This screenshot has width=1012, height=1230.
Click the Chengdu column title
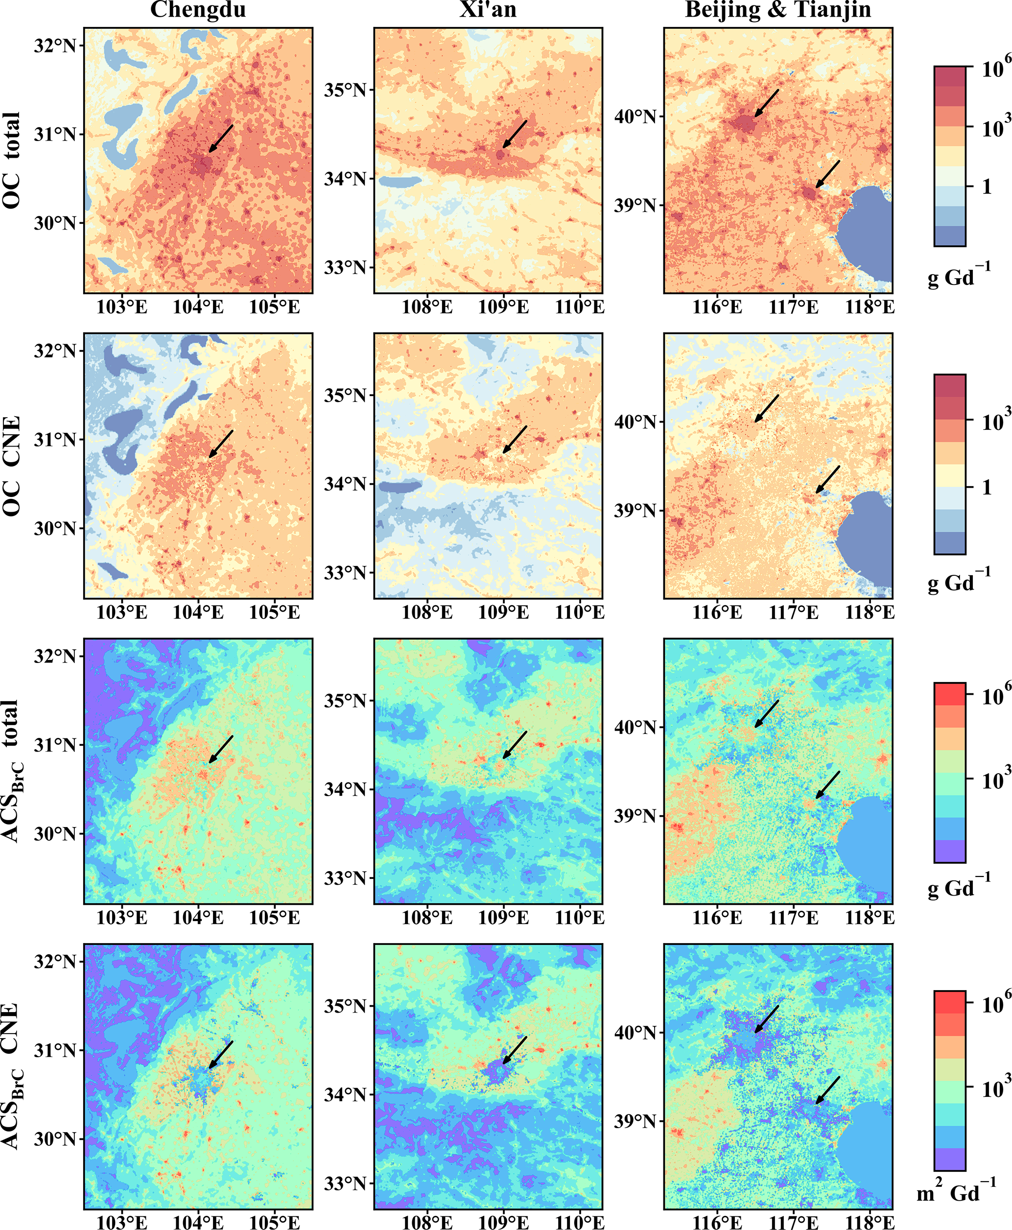pyautogui.click(x=198, y=10)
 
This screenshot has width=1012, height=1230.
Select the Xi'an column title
pyautogui.click(x=488, y=10)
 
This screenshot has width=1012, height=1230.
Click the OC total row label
pyautogui.click(x=11, y=160)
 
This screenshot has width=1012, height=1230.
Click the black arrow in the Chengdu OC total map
pyautogui.click(x=221, y=138)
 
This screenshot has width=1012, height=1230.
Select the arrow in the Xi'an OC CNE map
pyautogui.click(x=515, y=440)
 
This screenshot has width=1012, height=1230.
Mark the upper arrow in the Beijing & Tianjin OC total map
pyautogui.click(x=767, y=103)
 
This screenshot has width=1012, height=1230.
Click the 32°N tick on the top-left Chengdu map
pyautogui.click(x=55, y=46)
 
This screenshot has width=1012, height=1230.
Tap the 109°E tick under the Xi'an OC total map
pyautogui.click(x=504, y=307)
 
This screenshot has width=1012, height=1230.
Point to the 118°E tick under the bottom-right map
pyautogui.click(x=870, y=1222)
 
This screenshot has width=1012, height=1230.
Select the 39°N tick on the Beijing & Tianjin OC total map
pyautogui.click(x=637, y=205)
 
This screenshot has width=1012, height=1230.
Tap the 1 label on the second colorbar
pyautogui.click(x=987, y=487)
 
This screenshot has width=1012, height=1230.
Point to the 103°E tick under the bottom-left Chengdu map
pyautogui.click(x=122, y=1222)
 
